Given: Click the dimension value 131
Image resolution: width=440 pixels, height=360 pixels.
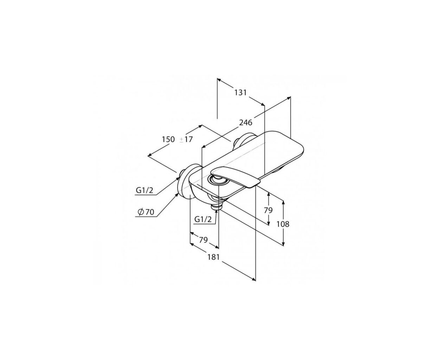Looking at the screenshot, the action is (x=240, y=92).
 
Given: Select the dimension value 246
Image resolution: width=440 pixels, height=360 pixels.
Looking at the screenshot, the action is (x=246, y=122).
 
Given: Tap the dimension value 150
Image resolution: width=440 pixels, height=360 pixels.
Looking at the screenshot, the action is (x=168, y=140).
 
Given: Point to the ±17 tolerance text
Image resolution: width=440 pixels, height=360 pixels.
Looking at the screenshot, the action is (x=186, y=140).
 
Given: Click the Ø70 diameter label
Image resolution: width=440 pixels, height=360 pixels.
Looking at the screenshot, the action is (x=146, y=212).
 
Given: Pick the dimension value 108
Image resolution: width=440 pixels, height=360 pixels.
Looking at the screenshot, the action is (x=283, y=224).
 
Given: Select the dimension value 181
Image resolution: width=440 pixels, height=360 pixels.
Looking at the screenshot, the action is (x=214, y=257).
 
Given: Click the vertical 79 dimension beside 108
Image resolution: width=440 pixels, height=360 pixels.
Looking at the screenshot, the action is (x=268, y=210).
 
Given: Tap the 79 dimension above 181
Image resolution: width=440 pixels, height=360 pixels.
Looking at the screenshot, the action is (x=203, y=240).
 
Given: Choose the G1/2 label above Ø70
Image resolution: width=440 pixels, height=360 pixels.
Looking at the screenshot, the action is (x=144, y=190).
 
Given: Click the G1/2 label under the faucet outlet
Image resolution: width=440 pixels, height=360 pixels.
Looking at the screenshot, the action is (x=203, y=219).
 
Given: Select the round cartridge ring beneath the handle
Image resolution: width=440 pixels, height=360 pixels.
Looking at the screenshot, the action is (x=217, y=180).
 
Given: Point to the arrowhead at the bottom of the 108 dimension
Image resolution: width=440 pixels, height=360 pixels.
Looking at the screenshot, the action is (x=283, y=244).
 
